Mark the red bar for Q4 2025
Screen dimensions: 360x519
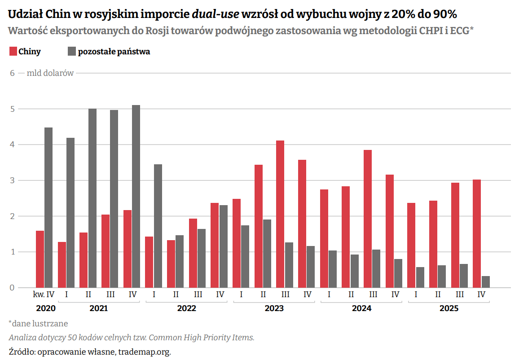477,233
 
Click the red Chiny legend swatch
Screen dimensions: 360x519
13,52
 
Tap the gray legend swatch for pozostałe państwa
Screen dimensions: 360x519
72,52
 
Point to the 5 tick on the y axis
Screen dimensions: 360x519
13,109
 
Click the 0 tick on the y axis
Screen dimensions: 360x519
13,288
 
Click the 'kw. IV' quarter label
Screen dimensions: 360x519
44,294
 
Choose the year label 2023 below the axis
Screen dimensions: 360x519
274,308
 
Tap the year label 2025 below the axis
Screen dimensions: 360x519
449,308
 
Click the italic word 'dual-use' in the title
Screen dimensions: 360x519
216,14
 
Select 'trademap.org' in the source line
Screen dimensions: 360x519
145,351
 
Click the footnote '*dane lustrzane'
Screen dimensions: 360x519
38,323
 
